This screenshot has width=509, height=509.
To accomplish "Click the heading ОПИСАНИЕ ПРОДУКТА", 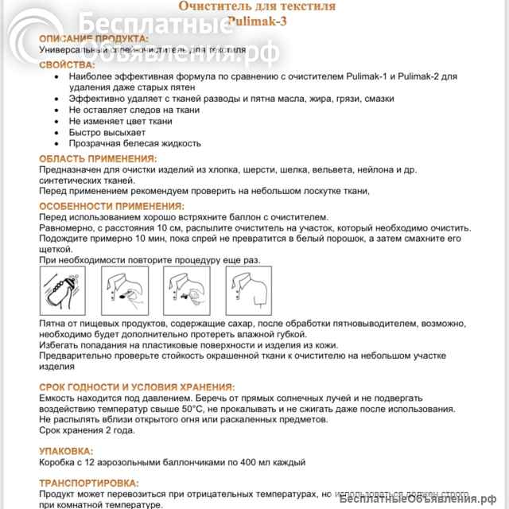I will [x=93, y=38].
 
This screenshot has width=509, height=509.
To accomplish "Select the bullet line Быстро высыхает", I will [x=107, y=132].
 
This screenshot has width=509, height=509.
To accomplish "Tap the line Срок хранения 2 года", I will [x=87, y=430].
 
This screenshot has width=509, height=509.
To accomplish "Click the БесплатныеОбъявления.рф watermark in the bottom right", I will [x=422, y=499].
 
